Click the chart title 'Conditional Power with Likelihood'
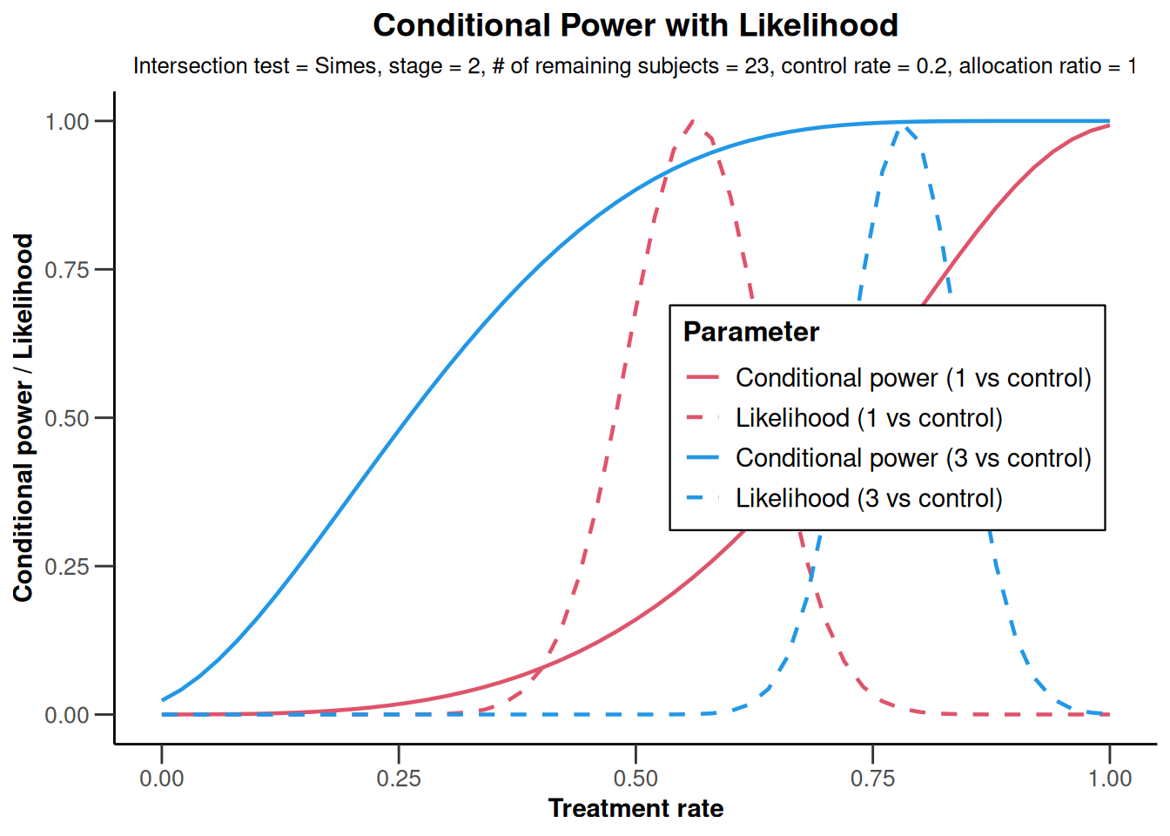[x=635, y=25]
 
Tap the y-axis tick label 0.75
[x=67, y=270]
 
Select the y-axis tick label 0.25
[x=67, y=567]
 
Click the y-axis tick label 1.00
[x=67, y=122]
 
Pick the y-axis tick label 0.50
[x=67, y=419]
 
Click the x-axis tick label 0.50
[x=635, y=779]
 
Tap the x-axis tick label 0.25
[x=399, y=779]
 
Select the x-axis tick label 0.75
[x=873, y=779]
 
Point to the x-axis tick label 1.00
[x=1110, y=779]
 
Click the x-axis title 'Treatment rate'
[x=635, y=808]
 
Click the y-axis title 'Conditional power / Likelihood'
[x=23, y=418]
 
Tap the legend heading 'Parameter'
[x=751, y=332]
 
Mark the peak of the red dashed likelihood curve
[x=693, y=121]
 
